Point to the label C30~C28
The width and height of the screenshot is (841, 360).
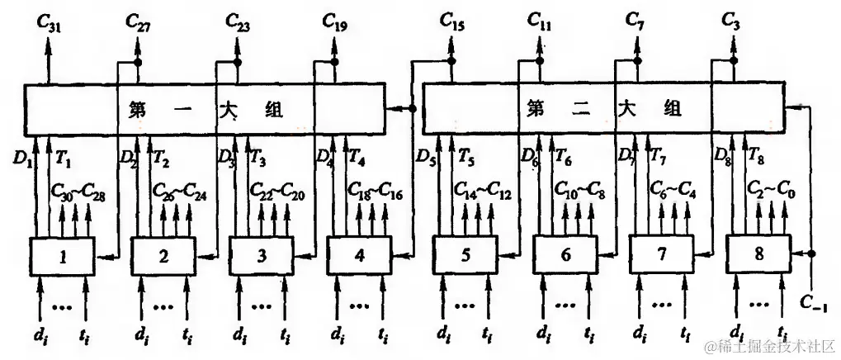[x=78, y=193]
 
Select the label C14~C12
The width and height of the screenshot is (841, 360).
[x=482, y=193]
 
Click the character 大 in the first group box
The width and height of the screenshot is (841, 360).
[x=229, y=109]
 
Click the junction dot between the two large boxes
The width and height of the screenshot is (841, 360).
[x=411, y=108]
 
